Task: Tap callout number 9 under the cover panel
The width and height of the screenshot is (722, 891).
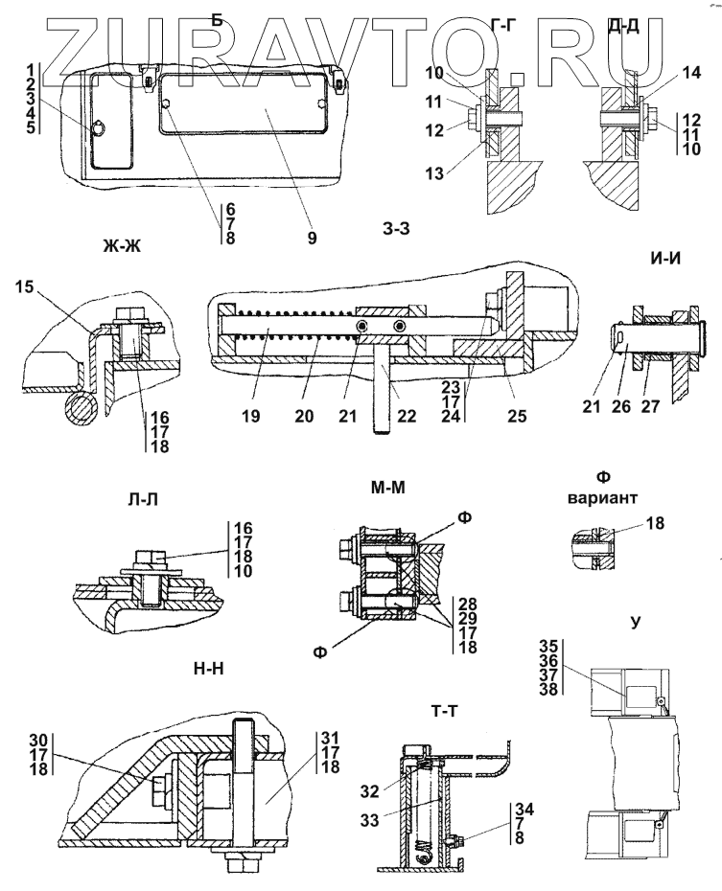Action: pyautogui.click(x=313, y=235)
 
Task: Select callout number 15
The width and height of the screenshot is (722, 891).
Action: pyautogui.click(x=26, y=287)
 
